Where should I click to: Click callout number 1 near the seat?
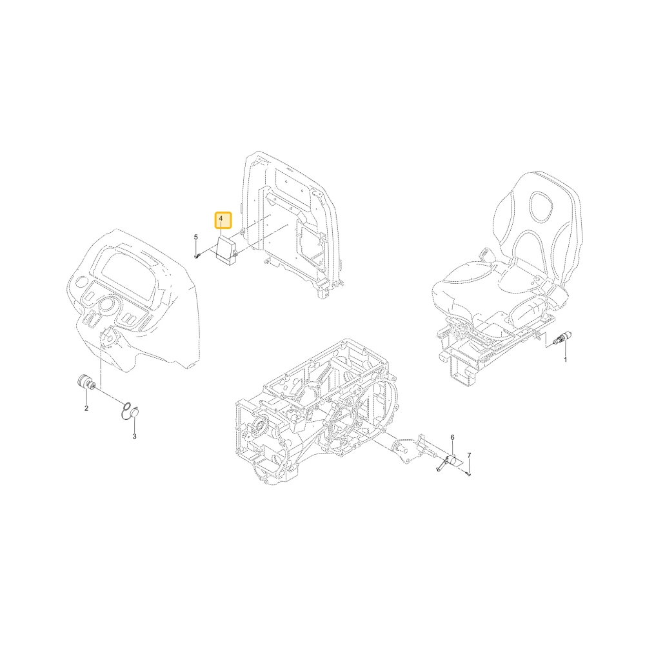565,360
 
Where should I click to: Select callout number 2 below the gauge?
86,408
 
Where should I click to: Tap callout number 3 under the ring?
135,437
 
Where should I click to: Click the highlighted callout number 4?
223,220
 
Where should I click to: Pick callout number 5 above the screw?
196,237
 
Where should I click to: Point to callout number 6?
453,437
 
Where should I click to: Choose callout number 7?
469,455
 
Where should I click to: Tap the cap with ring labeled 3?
132,412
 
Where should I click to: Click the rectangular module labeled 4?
226,249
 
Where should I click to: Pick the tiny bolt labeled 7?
469,474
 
